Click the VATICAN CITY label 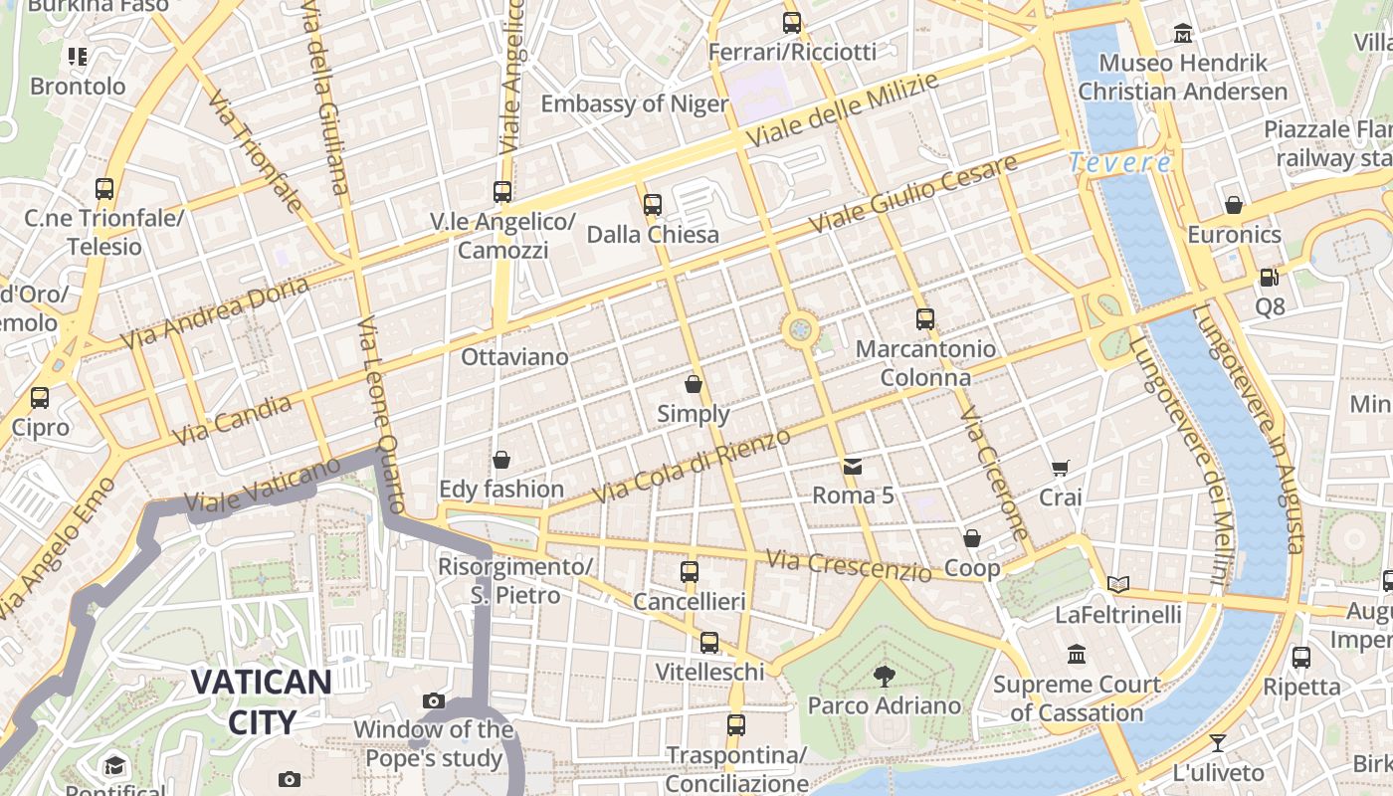point(261,701)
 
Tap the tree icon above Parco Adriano point(883,677)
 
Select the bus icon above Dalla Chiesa point(653,204)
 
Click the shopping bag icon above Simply point(694,384)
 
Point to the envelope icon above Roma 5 point(853,466)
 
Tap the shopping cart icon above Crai point(1061,468)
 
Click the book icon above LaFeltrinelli point(1118,584)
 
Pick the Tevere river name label point(1120,162)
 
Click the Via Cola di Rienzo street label point(692,466)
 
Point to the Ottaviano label point(514,356)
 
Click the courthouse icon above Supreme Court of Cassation point(1077,654)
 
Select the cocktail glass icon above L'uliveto point(1218,742)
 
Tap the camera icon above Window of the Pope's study point(433,700)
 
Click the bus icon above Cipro point(40,398)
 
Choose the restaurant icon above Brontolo point(78,56)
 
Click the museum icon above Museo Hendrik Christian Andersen point(1183,33)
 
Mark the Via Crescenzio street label point(849,565)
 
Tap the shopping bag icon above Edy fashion point(501,460)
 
